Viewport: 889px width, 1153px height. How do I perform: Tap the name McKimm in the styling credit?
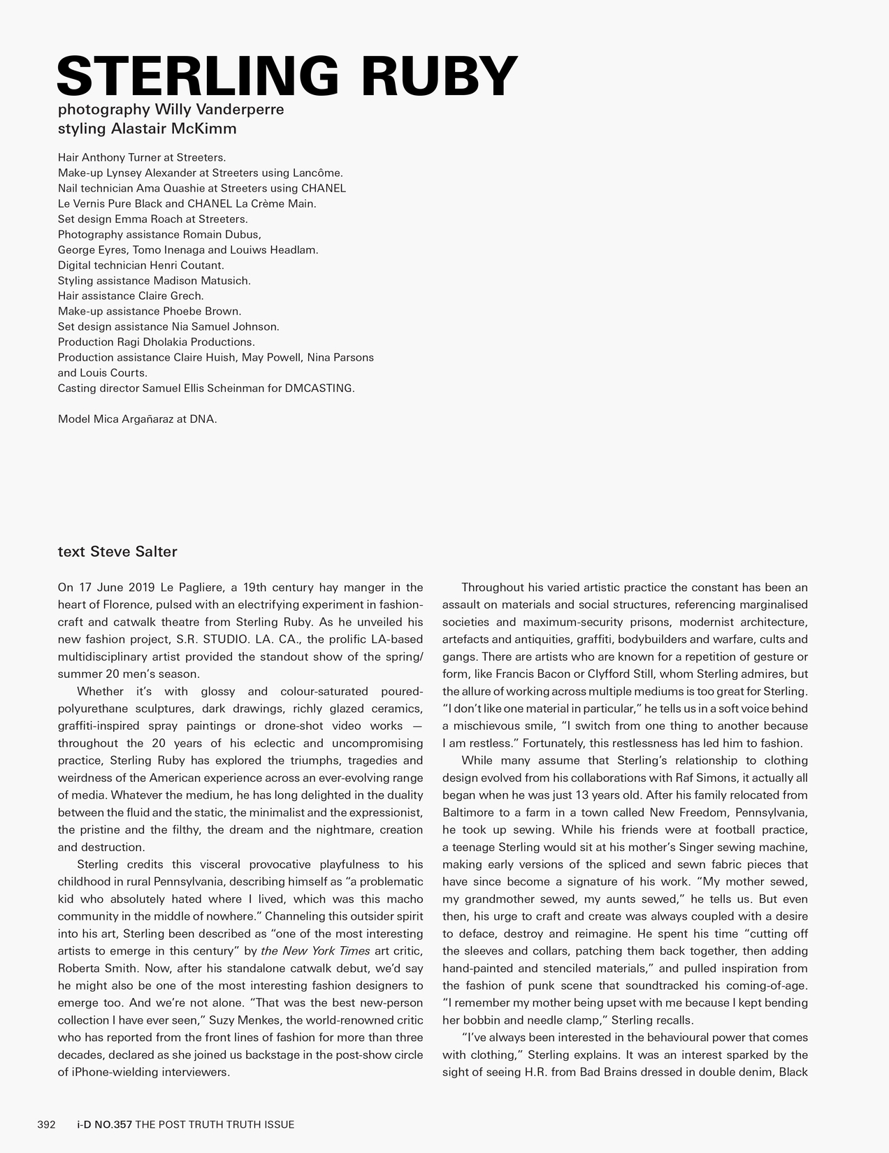(206, 129)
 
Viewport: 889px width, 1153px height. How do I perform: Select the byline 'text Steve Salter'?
(117, 552)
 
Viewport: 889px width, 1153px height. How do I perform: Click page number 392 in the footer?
(46, 1124)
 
